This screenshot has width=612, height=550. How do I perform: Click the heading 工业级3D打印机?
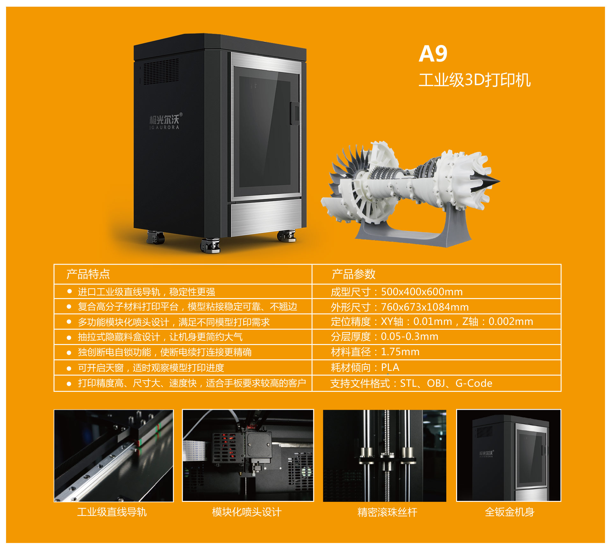pos(474,80)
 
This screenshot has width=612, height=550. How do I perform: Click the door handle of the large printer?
pos(294,113)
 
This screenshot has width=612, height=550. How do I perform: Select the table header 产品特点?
pos(88,274)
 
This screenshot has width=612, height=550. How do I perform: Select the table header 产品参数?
pos(353,274)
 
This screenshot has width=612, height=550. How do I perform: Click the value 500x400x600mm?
pos(422,292)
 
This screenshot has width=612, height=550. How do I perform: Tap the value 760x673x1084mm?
pos(425,307)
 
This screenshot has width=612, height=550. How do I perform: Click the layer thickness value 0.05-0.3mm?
pos(410,337)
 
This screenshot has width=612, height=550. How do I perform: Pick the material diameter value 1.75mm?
pos(400,352)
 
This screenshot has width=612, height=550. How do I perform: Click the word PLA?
pos(390,367)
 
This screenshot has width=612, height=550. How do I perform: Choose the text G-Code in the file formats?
pos(474,383)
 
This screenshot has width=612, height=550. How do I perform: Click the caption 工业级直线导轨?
pos(112,512)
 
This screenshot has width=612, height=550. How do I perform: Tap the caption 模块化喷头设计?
pos(247,512)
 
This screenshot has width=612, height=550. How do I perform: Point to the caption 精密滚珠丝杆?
pos(387,512)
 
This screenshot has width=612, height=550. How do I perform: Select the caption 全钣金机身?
pos(509,512)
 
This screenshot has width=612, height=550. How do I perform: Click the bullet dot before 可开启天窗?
pos(69,368)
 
